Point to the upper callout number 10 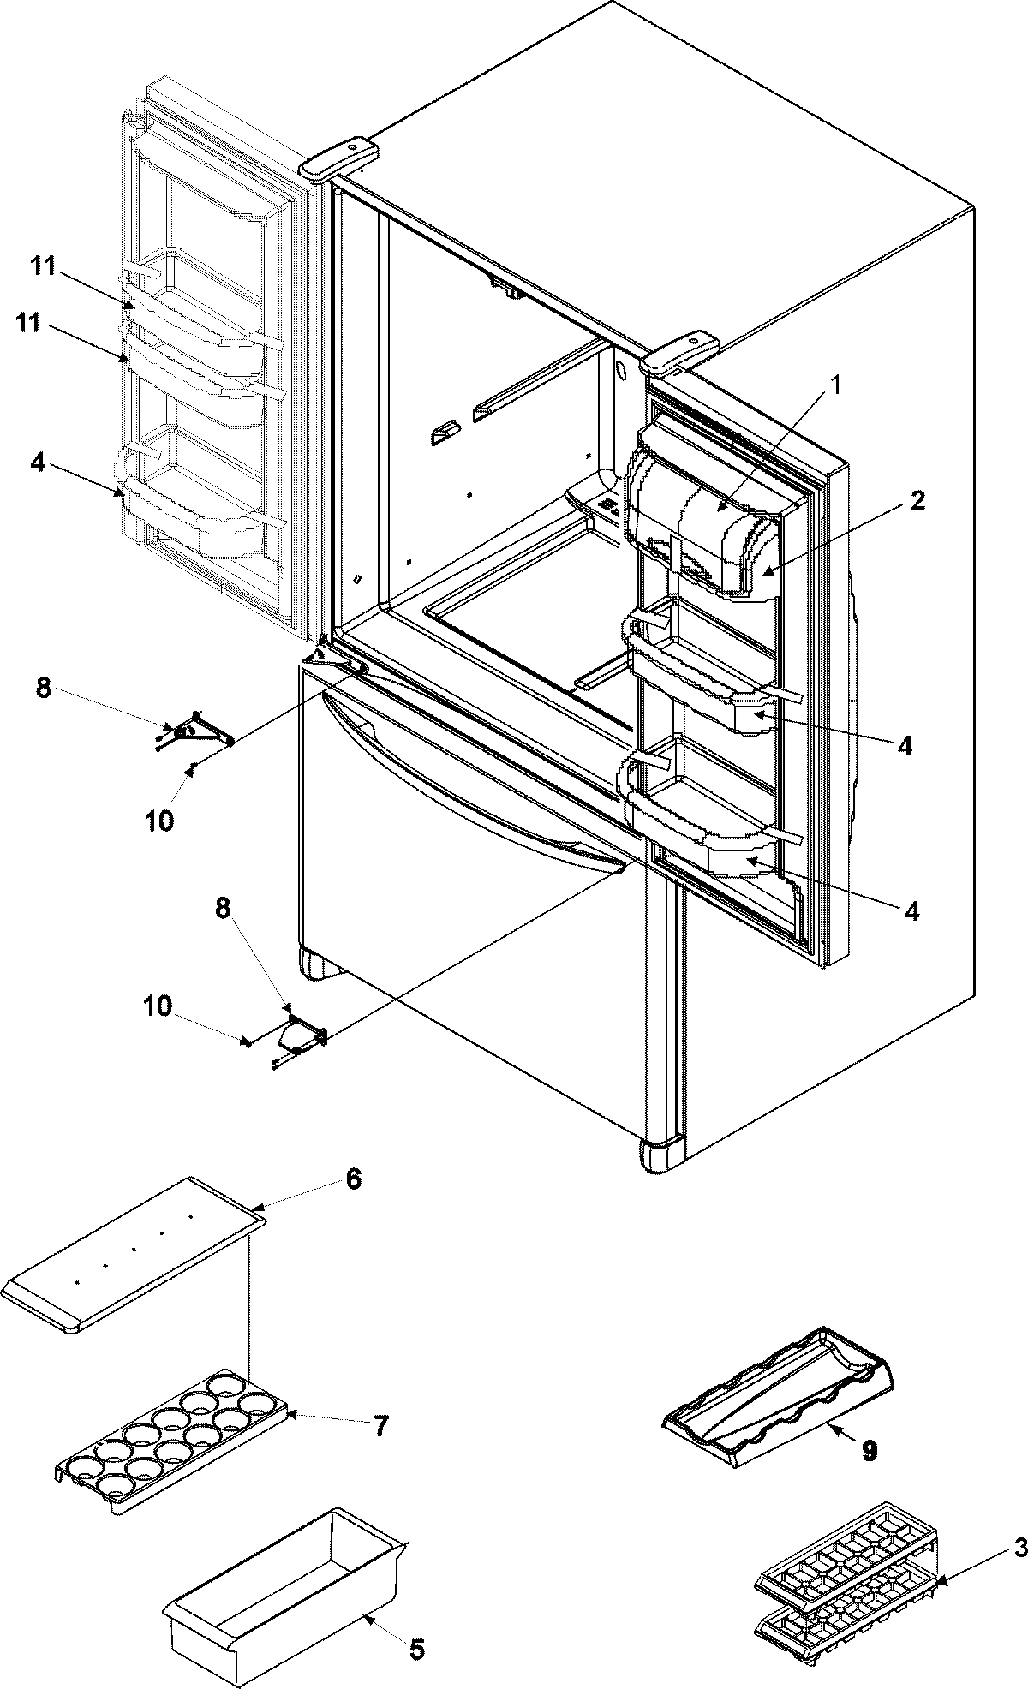pyautogui.click(x=159, y=820)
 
